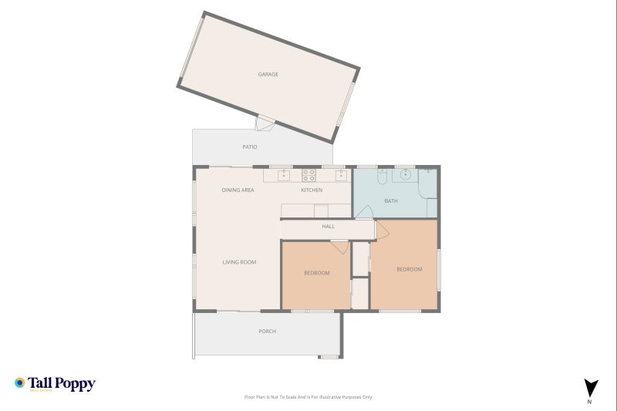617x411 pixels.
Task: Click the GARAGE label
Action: [268, 75]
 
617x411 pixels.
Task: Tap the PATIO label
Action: [249, 147]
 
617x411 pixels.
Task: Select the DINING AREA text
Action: [238, 190]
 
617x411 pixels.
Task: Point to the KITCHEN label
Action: [312, 190]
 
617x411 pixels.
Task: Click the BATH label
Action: [391, 201]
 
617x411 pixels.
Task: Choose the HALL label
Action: [328, 227]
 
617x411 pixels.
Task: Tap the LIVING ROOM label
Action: [239, 262]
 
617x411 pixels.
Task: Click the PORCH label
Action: [267, 332]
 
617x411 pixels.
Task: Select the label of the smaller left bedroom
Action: [316, 273]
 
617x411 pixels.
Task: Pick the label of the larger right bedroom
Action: [409, 269]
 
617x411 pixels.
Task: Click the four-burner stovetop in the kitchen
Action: [308, 175]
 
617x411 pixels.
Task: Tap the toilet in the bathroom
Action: [383, 178]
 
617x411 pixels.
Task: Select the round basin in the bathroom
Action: [405, 175]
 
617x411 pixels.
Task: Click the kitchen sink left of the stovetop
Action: [284, 175]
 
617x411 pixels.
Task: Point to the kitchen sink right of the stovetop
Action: [340, 175]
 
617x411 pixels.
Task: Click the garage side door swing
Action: [265, 123]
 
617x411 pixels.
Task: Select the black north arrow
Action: [590, 388]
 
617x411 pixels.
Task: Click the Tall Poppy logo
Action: [55, 383]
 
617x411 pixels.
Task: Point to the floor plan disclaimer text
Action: [308, 397]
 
